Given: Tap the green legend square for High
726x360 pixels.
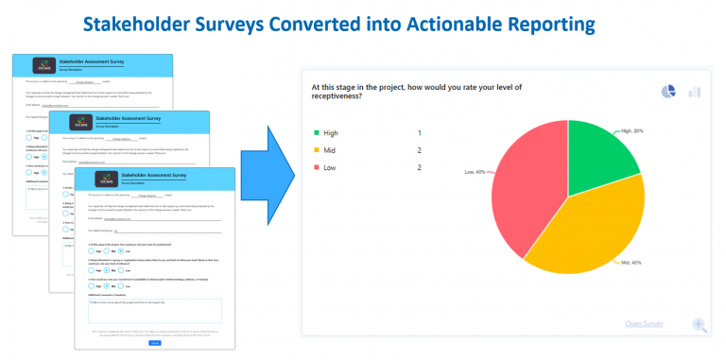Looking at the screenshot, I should click(x=319, y=133).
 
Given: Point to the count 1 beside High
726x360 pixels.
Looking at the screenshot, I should click(x=419, y=133).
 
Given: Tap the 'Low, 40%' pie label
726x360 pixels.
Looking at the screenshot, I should click(x=473, y=172).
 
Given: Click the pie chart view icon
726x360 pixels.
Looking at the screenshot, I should click(x=668, y=91).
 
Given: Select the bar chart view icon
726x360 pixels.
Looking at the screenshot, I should click(x=695, y=91).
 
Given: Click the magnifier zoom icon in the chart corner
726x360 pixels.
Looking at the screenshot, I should click(x=700, y=325).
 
